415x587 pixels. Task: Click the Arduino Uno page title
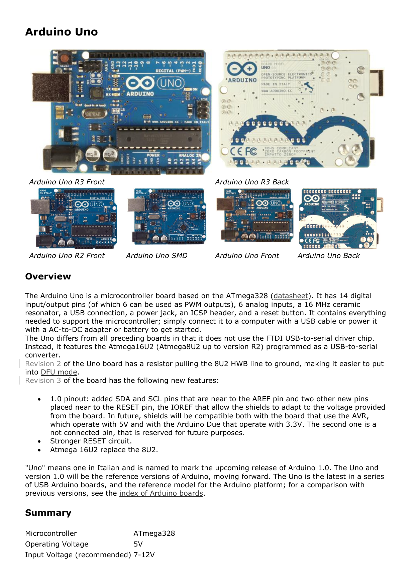[62, 32]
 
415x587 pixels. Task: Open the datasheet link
[291, 296]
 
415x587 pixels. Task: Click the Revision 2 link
[43, 364]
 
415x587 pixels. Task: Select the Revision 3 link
[43, 381]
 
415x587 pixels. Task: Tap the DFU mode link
[59, 372]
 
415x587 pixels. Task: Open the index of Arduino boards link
[161, 493]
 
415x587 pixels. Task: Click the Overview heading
[48, 276]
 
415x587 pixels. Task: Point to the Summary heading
[48, 513]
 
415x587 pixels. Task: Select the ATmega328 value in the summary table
[154, 533]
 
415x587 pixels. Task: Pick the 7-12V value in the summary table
[144, 555]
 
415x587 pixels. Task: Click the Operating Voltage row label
[57, 544]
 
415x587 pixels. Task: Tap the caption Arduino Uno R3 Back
[252, 182]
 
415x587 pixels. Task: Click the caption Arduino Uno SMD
[157, 256]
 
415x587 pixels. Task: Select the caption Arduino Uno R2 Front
[67, 256]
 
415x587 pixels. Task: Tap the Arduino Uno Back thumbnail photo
[338, 218]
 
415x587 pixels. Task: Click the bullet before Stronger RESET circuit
[39, 441]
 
